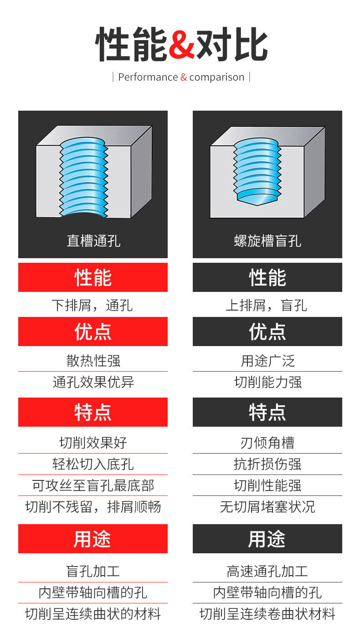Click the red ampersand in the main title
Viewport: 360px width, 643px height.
pos(182,45)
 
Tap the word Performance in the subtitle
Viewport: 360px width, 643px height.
pos(148,77)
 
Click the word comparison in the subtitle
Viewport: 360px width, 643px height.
pos(217,77)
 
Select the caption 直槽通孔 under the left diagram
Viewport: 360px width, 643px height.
pos(93,240)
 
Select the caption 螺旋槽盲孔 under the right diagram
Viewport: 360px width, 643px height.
pos(267,240)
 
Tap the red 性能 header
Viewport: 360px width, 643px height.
pos(93,277)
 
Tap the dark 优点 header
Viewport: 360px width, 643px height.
pos(267,332)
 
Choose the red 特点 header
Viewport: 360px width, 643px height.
pos(93,412)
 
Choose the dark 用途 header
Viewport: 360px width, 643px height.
pos(267,539)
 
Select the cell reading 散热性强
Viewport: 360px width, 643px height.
pos(93,361)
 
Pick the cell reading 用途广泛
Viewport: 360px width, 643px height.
pos(267,361)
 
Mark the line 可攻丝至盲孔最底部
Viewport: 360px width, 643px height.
pos(93,485)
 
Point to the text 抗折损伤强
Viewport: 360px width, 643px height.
pos(267,464)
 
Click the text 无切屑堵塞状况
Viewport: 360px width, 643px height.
pos(267,506)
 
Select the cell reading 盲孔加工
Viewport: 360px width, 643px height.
pos(93,571)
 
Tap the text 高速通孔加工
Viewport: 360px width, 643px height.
pos(267,571)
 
